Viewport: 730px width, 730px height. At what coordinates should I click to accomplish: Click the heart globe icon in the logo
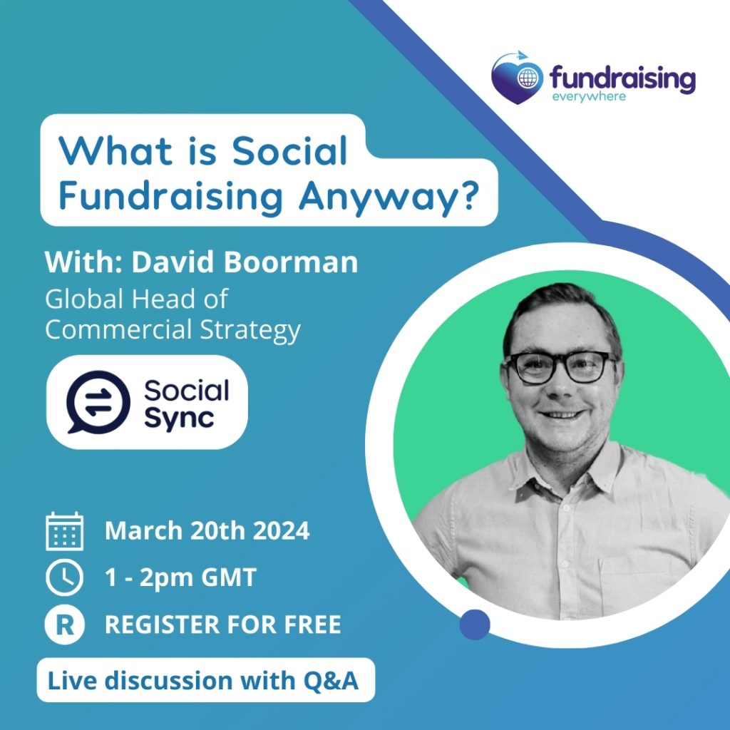point(518,78)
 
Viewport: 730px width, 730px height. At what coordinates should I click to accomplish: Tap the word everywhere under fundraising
point(588,96)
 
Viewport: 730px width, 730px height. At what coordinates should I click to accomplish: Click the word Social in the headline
point(289,151)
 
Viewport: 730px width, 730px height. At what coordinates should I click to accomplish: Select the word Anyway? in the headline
point(389,197)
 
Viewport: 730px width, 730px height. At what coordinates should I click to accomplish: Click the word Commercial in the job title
point(118,329)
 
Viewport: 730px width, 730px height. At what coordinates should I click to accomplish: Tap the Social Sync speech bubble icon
point(98,402)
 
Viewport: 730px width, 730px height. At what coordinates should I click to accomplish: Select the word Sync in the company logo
point(179,418)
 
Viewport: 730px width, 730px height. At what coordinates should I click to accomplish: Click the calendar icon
point(65,531)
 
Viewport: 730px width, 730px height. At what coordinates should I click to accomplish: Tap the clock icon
point(65,577)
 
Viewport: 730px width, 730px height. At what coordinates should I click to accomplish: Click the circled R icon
point(65,624)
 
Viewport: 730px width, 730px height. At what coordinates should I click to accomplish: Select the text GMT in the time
point(229,577)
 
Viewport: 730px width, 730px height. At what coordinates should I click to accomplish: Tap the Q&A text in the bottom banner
point(331,681)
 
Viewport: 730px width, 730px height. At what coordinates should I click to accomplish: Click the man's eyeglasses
point(560,367)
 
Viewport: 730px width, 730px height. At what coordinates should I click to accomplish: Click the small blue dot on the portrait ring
point(474,624)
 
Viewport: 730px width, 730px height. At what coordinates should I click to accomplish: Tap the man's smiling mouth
point(562,414)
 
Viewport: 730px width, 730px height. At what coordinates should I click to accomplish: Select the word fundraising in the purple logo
point(622,78)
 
